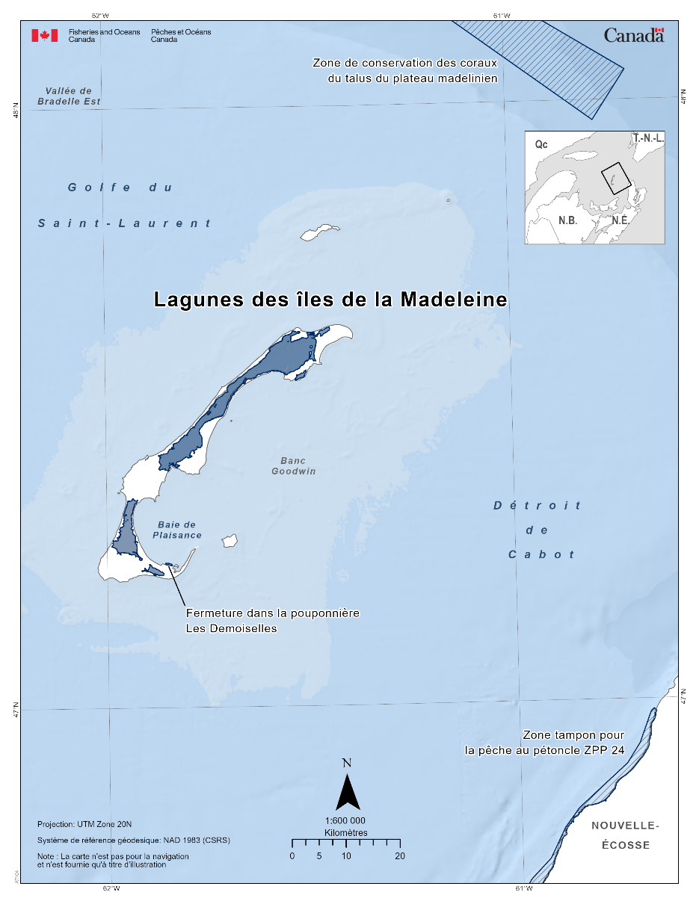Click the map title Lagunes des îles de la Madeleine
point(330,300)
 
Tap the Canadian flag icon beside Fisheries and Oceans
point(44,35)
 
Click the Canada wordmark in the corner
point(633,34)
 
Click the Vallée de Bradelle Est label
point(69,96)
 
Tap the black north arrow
point(348,792)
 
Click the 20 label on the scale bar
point(400,856)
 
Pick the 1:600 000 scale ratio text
point(345,820)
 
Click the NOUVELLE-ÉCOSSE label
point(625,835)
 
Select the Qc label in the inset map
point(541,144)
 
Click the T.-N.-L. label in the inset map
point(648,138)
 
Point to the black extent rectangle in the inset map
point(616,179)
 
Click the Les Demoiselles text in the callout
point(231,628)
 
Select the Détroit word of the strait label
point(537,506)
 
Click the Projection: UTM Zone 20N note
point(84,825)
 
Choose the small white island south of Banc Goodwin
point(229,540)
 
